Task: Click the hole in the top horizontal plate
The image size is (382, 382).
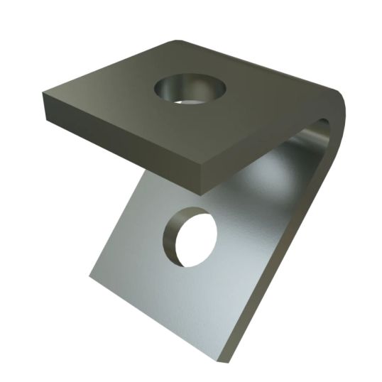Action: [x=190, y=90]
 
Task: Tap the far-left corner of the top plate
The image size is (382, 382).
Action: [x=43, y=94]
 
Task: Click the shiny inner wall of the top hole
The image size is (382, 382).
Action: [x=170, y=91]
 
